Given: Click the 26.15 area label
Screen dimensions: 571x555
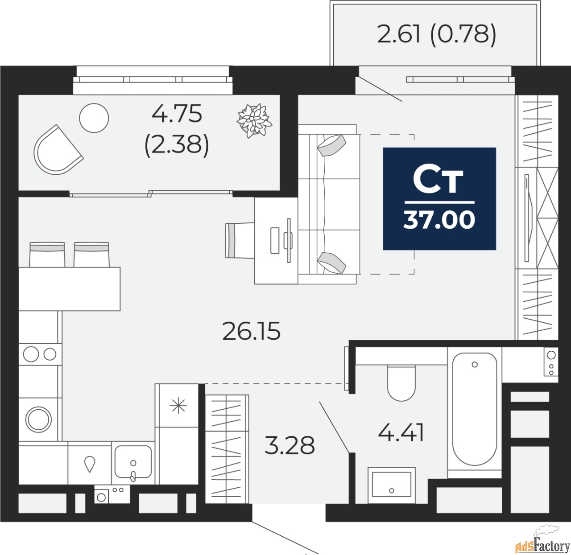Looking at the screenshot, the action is click(252, 331).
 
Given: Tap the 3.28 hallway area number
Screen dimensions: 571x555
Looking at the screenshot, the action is click(290, 445).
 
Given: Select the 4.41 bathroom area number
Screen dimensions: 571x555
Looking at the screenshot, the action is click(401, 433).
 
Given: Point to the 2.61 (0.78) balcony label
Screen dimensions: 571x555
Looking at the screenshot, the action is click(437, 34).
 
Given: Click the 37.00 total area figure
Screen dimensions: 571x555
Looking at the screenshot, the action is click(439, 220).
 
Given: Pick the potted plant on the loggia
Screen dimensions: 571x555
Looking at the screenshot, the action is click(254, 120).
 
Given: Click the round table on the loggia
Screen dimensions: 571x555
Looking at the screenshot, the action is click(94, 118).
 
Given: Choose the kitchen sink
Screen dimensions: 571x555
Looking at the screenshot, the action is click(133, 462).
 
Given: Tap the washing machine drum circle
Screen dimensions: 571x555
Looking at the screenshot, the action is click(38, 419).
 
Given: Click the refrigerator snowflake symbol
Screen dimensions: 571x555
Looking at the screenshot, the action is click(178, 406).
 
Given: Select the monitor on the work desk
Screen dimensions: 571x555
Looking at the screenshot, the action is click(289, 240).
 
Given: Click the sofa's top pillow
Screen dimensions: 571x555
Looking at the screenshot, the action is click(331, 145).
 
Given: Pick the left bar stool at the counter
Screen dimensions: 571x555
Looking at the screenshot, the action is click(47, 255).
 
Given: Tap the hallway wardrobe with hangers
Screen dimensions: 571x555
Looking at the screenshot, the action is click(227, 449).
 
